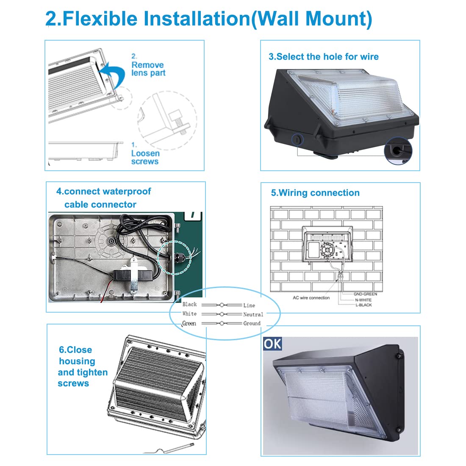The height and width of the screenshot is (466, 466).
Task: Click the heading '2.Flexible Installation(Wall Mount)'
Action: pos(208,19)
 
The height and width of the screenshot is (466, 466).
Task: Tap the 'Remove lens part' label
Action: pos(148,69)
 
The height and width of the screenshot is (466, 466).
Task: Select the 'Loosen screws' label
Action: pos(145,157)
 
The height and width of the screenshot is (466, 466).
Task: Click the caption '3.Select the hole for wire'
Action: pos(324,57)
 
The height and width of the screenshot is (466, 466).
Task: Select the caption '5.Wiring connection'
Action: pos(315,193)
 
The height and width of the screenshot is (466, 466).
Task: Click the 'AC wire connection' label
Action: pos(311,298)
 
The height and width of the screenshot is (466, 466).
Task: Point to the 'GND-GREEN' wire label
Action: pos(365,294)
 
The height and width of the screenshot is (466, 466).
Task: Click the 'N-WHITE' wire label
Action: pos(363,300)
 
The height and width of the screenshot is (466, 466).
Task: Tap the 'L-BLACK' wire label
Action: pos(363,305)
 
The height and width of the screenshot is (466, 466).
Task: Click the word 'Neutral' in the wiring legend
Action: pos(253,314)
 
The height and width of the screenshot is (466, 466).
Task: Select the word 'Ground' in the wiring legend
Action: pos(252,323)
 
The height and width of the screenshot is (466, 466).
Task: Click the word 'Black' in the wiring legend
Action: pos(189,305)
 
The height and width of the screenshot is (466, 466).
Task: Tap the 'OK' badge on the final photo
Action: pos(272,343)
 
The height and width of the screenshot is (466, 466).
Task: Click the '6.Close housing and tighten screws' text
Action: pos(83,366)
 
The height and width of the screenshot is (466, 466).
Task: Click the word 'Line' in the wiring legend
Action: pos(249,305)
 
